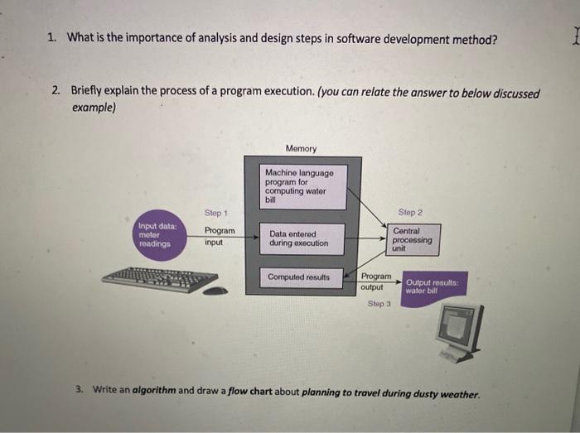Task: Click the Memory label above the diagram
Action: click(x=301, y=148)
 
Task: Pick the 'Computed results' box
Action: click(x=298, y=277)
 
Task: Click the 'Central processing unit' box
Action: click(x=411, y=239)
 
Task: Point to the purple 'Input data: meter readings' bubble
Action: click(x=157, y=238)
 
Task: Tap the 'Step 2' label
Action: click(x=410, y=213)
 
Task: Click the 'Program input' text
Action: click(x=220, y=237)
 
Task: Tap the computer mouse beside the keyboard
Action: click(x=215, y=291)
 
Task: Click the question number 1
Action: click(x=51, y=38)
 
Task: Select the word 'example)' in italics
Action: click(x=92, y=108)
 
